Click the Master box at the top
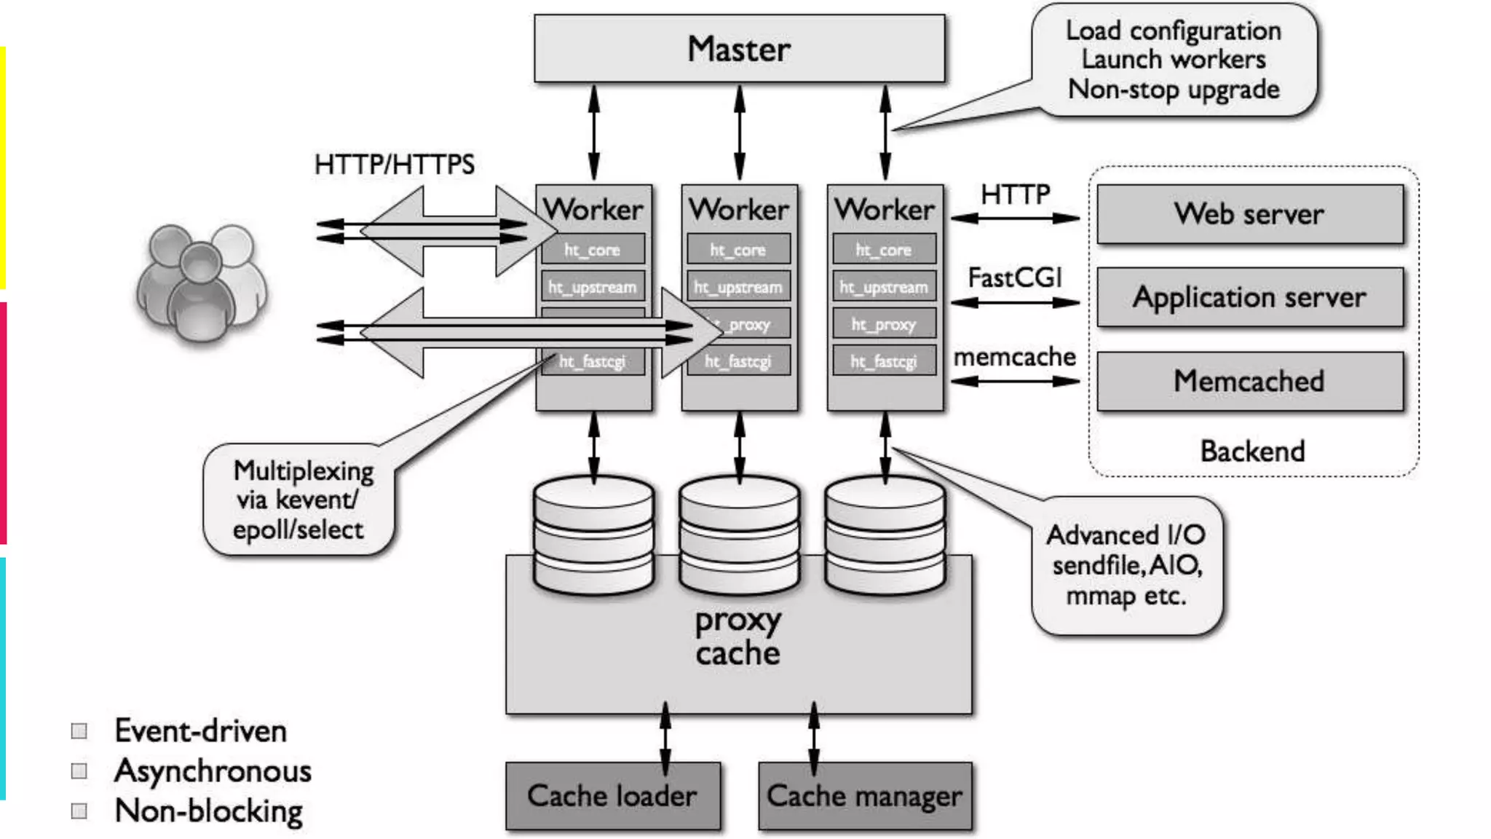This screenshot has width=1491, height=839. (739, 49)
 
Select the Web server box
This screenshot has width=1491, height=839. (1249, 214)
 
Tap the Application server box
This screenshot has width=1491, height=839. (1249, 297)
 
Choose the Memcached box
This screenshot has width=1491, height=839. (1249, 381)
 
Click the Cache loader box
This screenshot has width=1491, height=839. (612, 795)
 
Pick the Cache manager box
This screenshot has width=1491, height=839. (864, 795)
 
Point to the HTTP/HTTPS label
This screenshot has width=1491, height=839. (394, 165)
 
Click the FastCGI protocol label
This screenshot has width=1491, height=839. (1015, 277)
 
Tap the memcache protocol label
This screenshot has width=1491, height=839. (1015, 357)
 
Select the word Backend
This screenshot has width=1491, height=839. (1252, 451)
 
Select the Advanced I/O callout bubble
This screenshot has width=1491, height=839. (1126, 565)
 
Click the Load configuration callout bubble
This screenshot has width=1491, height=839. (1173, 60)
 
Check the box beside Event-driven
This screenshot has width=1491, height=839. (79, 730)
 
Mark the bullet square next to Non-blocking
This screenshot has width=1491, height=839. (79, 811)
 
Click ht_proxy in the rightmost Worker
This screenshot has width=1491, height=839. (884, 325)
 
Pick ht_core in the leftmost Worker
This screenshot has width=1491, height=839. (593, 250)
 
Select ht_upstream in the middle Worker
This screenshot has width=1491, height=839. (738, 288)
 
